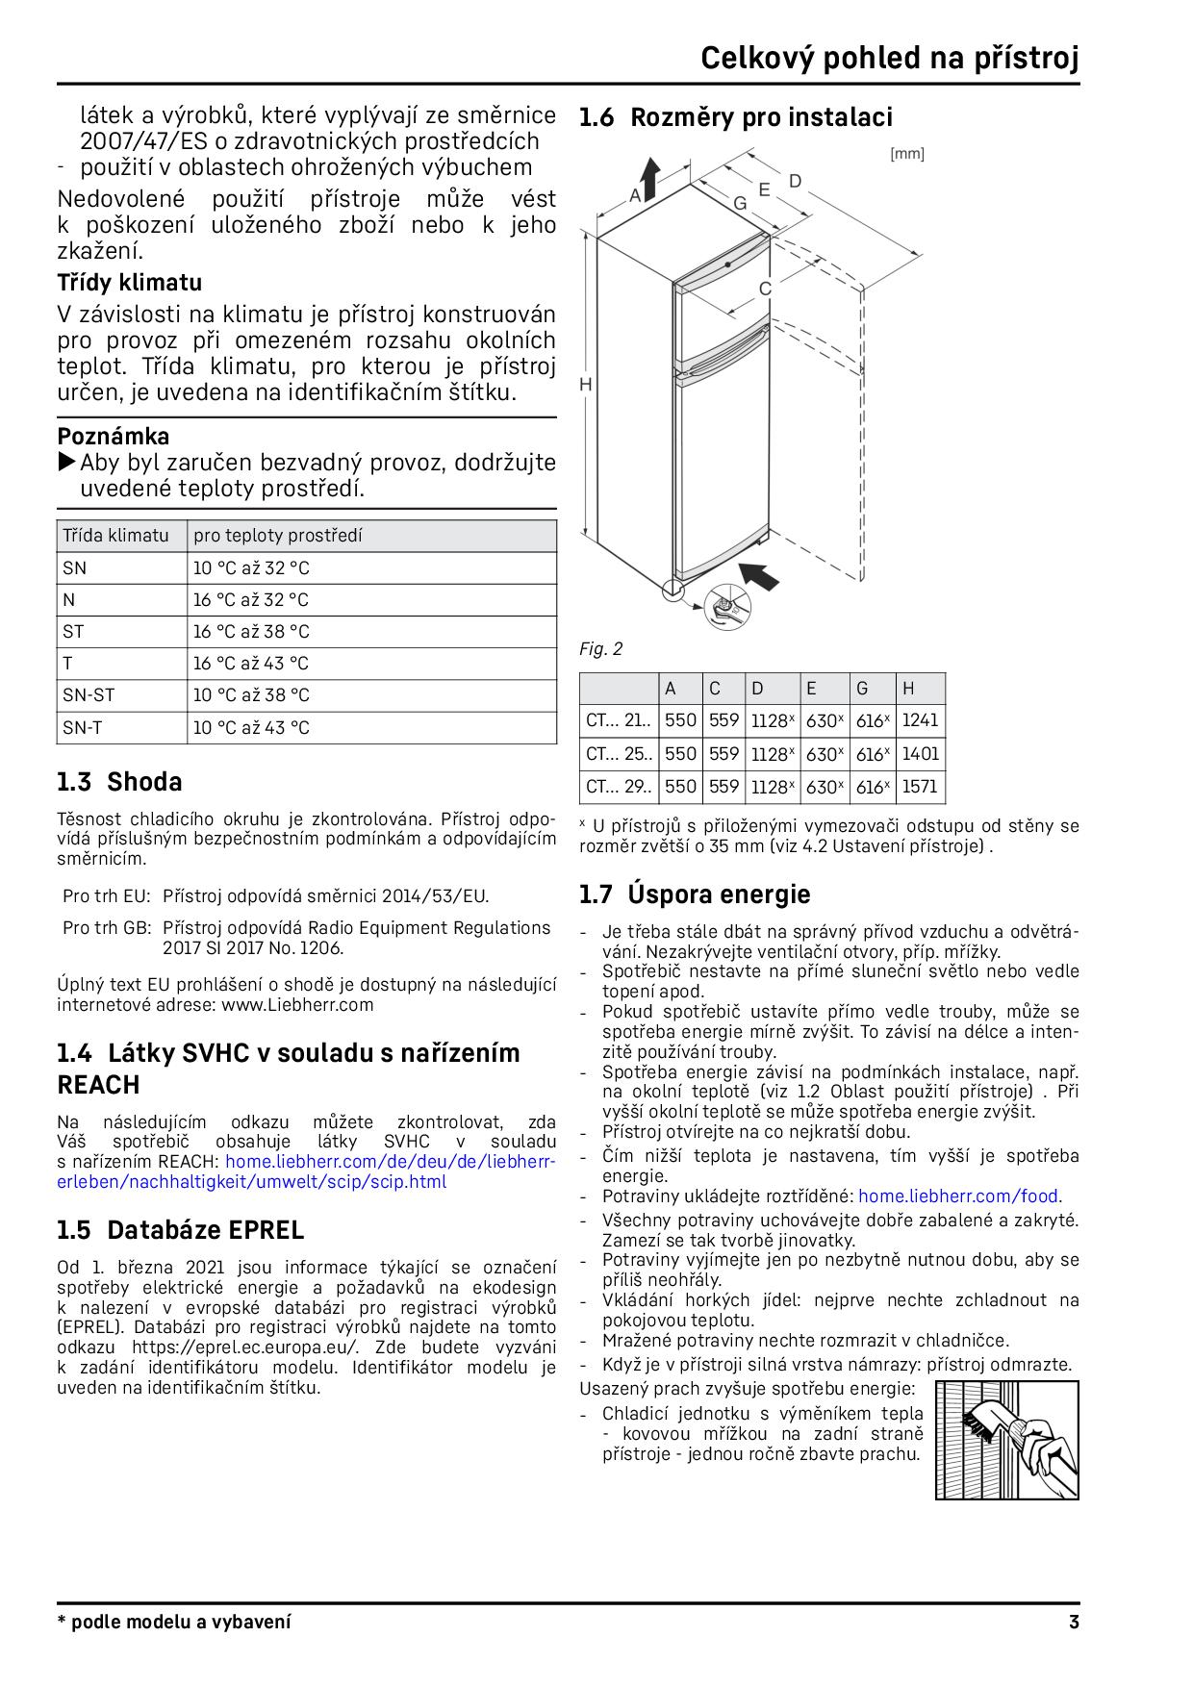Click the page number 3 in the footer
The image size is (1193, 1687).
click(1073, 1623)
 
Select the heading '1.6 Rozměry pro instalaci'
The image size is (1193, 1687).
click(736, 117)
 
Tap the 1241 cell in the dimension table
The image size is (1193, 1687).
click(920, 720)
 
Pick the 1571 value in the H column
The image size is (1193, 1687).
click(920, 787)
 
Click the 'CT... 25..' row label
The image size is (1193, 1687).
click(618, 754)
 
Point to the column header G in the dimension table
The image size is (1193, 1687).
click(862, 688)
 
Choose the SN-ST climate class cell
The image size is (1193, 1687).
click(89, 695)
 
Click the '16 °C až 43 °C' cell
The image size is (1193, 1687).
click(251, 664)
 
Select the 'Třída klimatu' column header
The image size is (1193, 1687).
click(115, 536)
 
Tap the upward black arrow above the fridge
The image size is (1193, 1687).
click(649, 177)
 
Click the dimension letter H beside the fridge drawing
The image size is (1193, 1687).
click(585, 384)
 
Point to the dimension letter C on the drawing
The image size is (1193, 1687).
click(766, 288)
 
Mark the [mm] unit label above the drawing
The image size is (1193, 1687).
click(906, 154)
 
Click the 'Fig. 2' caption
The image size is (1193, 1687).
click(600, 649)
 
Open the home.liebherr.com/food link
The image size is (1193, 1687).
click(958, 1196)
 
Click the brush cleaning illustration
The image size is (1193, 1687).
click(1006, 1440)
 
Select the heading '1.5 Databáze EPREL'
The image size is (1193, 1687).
click(180, 1230)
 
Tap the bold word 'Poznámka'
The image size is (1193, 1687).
click(114, 436)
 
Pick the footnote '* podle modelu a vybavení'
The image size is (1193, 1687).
click(174, 1623)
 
